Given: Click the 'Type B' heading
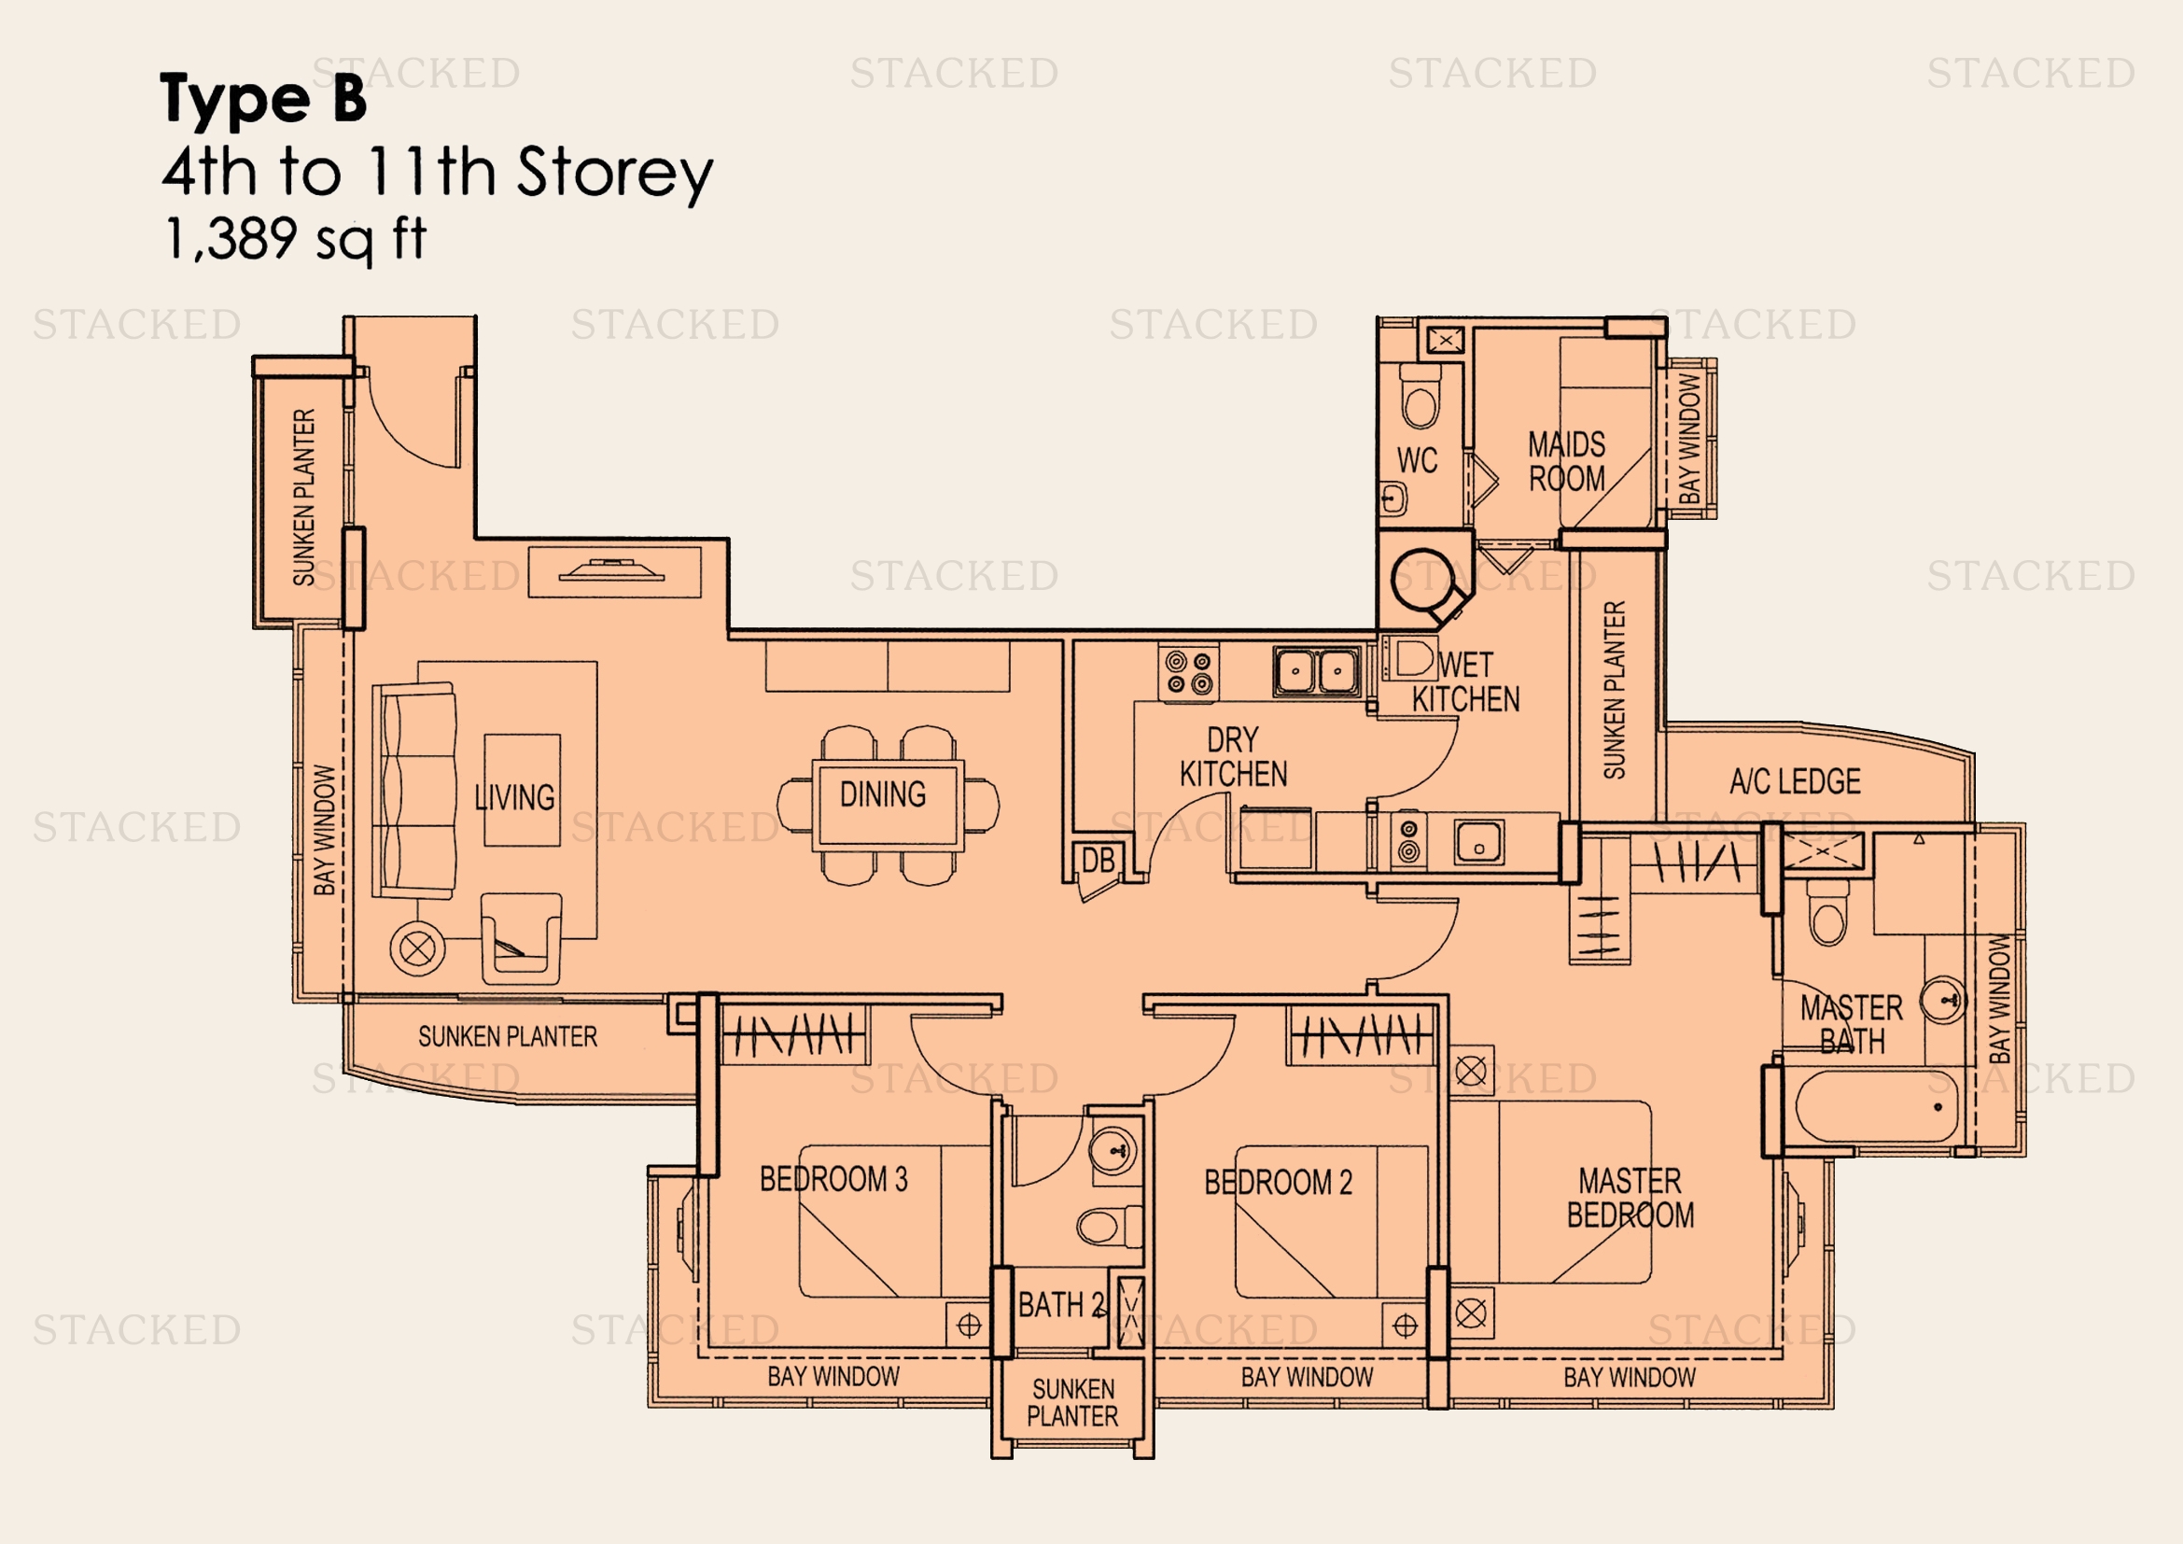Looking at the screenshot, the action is [x=263, y=98].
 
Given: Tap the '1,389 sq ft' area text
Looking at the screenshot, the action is [x=296, y=239].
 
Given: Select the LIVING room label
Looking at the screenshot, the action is [x=514, y=796].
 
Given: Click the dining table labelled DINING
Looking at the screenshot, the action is [x=887, y=805].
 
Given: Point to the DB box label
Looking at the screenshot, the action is [x=1098, y=862].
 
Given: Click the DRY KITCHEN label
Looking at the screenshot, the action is [x=1233, y=757].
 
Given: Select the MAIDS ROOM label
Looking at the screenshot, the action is [x=1567, y=461].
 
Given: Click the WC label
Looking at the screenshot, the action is [x=1417, y=460].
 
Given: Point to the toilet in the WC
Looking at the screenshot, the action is [x=1420, y=396].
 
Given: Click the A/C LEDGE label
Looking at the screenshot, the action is [x=1795, y=781].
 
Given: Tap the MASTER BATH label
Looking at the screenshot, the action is [x=1852, y=1024].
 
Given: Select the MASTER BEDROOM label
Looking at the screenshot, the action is [x=1630, y=1198].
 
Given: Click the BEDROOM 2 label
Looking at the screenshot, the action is [x=1278, y=1182].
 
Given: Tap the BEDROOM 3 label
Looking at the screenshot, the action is [x=833, y=1179].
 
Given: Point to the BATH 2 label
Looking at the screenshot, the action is [x=1061, y=1304].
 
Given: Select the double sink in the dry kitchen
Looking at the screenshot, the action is [x=1317, y=671].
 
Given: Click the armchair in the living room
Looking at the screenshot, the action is [x=520, y=938].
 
